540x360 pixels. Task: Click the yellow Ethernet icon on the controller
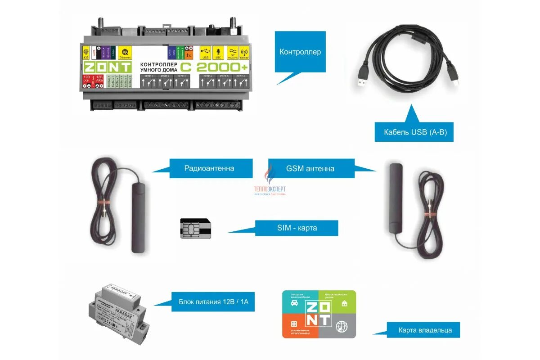point(125,53)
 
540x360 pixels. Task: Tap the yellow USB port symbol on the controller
point(206,53)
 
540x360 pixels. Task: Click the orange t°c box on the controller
point(189,53)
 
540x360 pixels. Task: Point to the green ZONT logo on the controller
point(107,67)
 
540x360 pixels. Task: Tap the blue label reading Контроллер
point(300,52)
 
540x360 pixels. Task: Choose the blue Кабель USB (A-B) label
point(414,132)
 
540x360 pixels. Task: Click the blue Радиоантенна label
point(209,169)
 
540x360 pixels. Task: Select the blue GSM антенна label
point(310,169)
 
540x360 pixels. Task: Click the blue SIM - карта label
point(297,228)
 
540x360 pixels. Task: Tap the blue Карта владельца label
point(425,330)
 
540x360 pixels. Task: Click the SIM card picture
point(196,229)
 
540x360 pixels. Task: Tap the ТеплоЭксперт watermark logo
point(270,184)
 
